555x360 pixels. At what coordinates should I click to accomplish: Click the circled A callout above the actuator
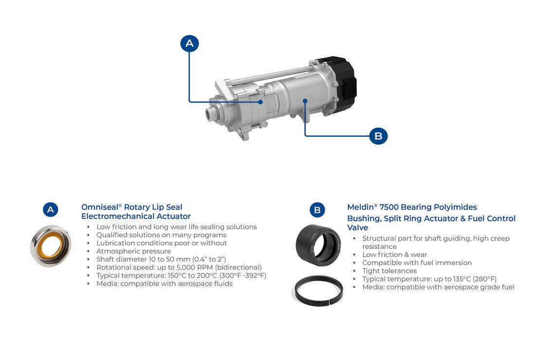[190, 43]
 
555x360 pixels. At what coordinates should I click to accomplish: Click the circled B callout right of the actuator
[378, 136]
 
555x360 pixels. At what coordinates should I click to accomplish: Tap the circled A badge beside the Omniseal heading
[50, 209]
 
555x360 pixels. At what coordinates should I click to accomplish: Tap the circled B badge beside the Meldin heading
[317, 210]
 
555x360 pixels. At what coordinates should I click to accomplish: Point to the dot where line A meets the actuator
[260, 102]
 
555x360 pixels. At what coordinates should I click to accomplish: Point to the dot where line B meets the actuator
[305, 101]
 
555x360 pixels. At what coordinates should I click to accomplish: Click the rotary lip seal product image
[51, 246]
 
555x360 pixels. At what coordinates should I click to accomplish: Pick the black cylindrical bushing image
[318, 245]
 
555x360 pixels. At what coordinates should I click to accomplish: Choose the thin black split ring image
[317, 290]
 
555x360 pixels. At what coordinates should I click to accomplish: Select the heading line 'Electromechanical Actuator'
[136, 216]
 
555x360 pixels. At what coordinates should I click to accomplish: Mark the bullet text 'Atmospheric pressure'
[134, 251]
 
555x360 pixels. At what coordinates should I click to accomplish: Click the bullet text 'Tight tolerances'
[389, 271]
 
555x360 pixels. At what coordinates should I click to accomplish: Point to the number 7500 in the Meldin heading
[389, 207]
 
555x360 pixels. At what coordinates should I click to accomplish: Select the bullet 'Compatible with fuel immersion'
[417, 263]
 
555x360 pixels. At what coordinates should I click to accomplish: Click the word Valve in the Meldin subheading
[357, 227]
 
